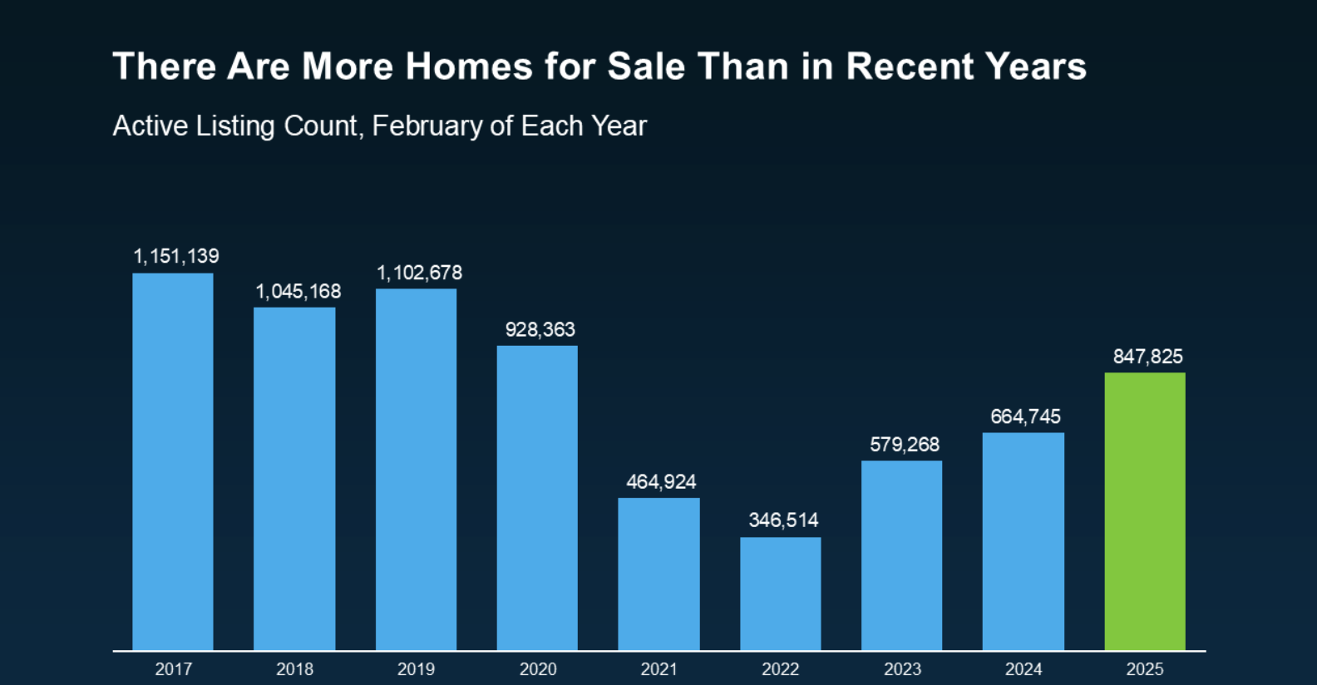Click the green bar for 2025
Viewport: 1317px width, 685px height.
(x=1145, y=511)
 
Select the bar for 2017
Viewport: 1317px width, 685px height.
(x=173, y=461)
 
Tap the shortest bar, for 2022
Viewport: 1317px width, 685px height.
(x=781, y=594)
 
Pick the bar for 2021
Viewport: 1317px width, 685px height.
(x=658, y=574)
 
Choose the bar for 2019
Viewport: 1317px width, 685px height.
(x=416, y=469)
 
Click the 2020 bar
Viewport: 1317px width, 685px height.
(x=537, y=497)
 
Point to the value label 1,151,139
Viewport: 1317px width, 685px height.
(x=176, y=256)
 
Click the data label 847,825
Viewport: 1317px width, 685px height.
(x=1147, y=357)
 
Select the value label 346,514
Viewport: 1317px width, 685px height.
(x=783, y=520)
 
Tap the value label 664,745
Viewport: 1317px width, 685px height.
(x=1025, y=416)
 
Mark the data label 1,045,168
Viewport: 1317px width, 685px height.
(x=298, y=292)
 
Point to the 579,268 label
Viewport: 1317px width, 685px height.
(x=905, y=445)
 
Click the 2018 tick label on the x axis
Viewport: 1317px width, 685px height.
(x=294, y=669)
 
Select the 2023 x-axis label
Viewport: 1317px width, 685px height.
(x=902, y=669)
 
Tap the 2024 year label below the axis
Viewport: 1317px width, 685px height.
(x=1024, y=669)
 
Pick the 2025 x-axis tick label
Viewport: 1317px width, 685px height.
(x=1145, y=669)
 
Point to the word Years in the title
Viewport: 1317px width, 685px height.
(x=1036, y=67)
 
